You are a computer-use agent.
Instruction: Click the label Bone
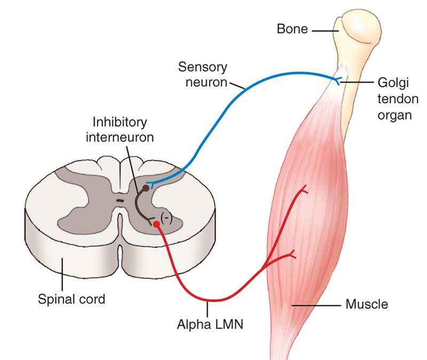(292, 29)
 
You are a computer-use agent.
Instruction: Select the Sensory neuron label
(202, 75)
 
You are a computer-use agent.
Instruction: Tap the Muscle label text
(367, 306)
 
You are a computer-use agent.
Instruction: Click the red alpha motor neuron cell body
(156, 225)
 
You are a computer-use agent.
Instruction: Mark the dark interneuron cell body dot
(145, 188)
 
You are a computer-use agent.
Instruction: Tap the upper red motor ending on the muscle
(303, 190)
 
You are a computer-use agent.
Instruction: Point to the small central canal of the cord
(120, 201)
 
